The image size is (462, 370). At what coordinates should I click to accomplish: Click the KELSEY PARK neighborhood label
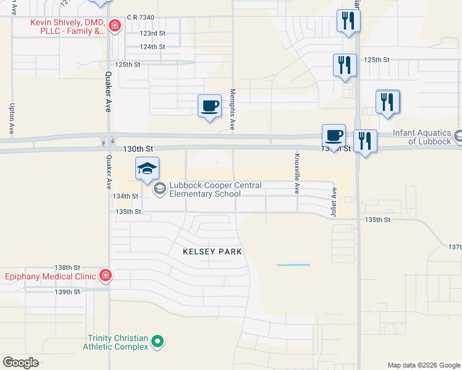(x=212, y=252)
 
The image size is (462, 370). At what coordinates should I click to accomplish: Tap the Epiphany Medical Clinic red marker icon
(x=105, y=275)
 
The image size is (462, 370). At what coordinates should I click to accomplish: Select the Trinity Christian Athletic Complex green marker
(x=157, y=340)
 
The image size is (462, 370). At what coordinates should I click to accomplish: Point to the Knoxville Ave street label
(x=297, y=173)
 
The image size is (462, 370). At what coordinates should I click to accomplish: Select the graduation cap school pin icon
(x=148, y=169)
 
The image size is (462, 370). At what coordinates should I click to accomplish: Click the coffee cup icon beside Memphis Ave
(x=209, y=107)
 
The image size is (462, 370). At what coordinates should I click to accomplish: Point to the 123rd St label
(x=153, y=34)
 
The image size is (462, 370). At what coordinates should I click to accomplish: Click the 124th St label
(x=153, y=47)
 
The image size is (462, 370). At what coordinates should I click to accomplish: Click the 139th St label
(x=68, y=292)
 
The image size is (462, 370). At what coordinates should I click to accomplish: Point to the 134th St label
(x=125, y=196)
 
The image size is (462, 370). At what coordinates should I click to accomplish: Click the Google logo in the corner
(x=20, y=363)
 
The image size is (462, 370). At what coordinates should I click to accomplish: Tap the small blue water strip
(x=293, y=265)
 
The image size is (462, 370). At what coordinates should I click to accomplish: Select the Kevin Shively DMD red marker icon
(x=114, y=25)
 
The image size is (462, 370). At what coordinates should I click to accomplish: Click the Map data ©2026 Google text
(x=423, y=365)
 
